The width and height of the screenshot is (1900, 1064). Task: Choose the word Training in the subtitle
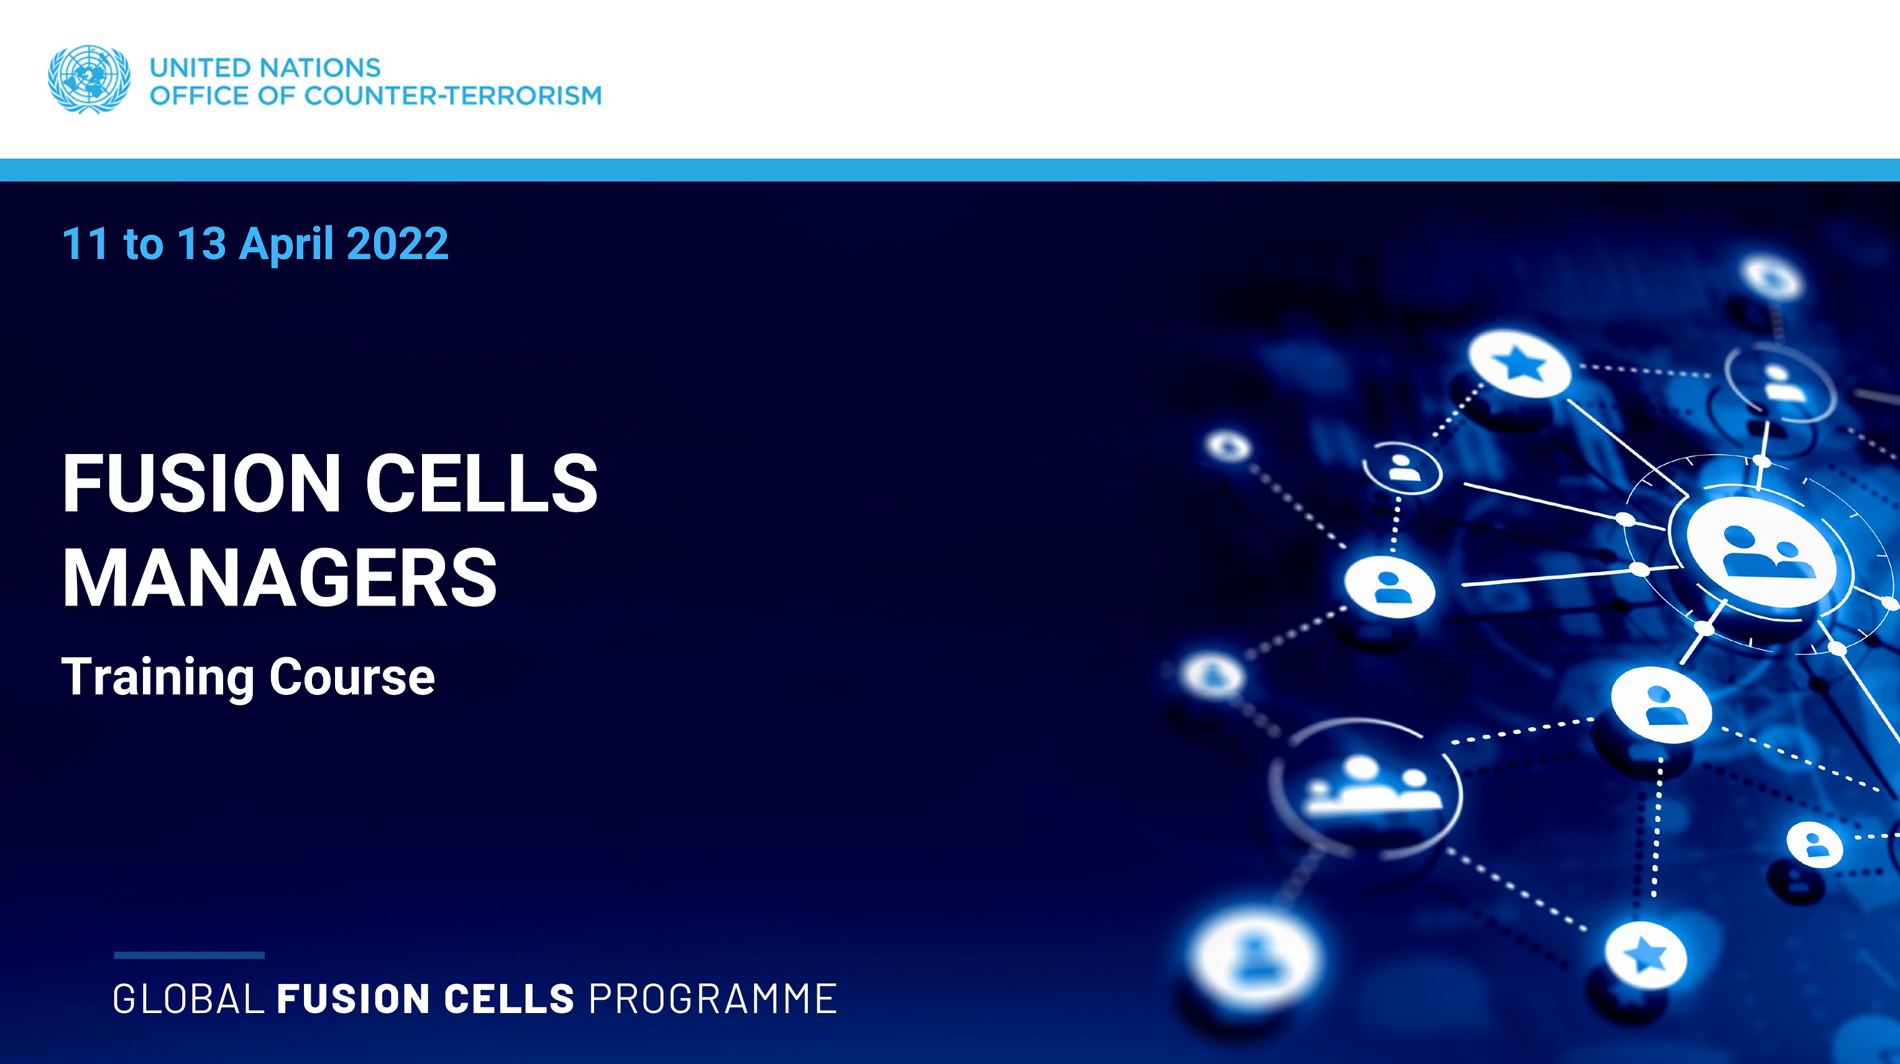click(x=157, y=678)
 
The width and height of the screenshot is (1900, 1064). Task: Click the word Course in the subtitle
click(x=352, y=678)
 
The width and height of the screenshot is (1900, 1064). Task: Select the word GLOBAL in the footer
click(x=188, y=999)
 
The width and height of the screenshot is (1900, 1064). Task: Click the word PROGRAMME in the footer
click(x=712, y=999)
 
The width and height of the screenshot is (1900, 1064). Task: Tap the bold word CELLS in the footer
click(x=508, y=999)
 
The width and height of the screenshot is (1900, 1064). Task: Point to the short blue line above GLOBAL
click(x=189, y=955)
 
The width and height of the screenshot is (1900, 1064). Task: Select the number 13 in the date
click(x=201, y=243)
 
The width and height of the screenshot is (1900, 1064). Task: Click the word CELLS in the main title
click(x=482, y=483)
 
